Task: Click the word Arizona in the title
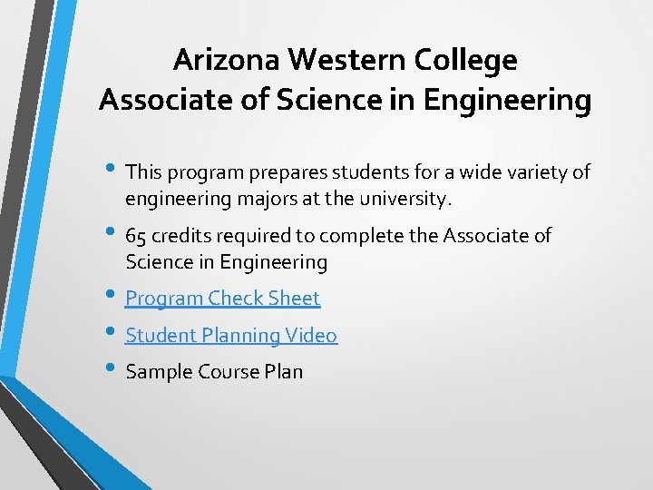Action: pyautogui.click(x=226, y=60)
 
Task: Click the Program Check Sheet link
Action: pyautogui.click(x=222, y=298)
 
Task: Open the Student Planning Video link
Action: pyautogui.click(x=230, y=335)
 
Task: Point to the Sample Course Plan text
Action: pyautogui.click(x=214, y=371)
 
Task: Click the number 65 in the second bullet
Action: pyautogui.click(x=136, y=236)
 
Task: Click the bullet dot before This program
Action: pyautogui.click(x=112, y=169)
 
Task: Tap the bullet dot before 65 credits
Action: pyautogui.click(x=112, y=233)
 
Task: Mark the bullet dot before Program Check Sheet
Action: pyautogui.click(x=112, y=296)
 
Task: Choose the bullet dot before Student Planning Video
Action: pyautogui.click(x=112, y=333)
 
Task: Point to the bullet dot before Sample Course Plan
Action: pyautogui.click(x=112, y=369)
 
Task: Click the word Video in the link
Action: pyautogui.click(x=311, y=335)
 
